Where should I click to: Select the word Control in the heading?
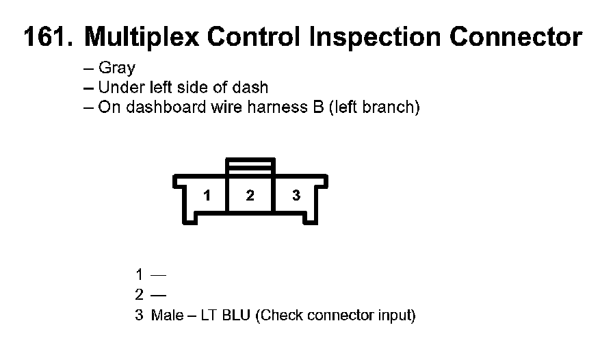coord(253,37)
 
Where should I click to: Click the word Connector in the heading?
coord(516,37)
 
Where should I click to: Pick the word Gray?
coord(117,68)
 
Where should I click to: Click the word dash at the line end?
coord(250,87)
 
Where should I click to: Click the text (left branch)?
coord(374,107)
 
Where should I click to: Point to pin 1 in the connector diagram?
coord(207,195)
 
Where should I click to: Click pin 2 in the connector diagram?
coord(250,195)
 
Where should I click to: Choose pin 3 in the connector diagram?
coord(296,195)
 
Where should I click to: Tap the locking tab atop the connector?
coord(250,166)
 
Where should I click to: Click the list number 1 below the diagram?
coord(139,274)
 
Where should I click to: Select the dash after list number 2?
coord(158,295)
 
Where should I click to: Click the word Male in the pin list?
coord(168,315)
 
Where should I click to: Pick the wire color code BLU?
coord(236,315)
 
